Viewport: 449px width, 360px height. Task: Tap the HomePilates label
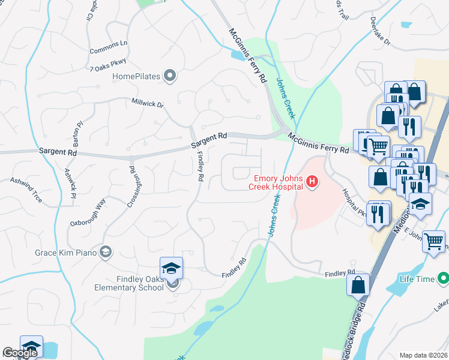(x=137, y=76)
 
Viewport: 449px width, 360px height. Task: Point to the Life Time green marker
(x=444, y=278)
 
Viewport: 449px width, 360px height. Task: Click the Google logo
(x=19, y=353)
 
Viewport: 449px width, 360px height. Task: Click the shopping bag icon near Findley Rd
(x=358, y=284)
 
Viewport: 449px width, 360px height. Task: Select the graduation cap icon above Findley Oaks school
(x=171, y=268)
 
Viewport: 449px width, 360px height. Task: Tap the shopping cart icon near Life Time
(x=433, y=242)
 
